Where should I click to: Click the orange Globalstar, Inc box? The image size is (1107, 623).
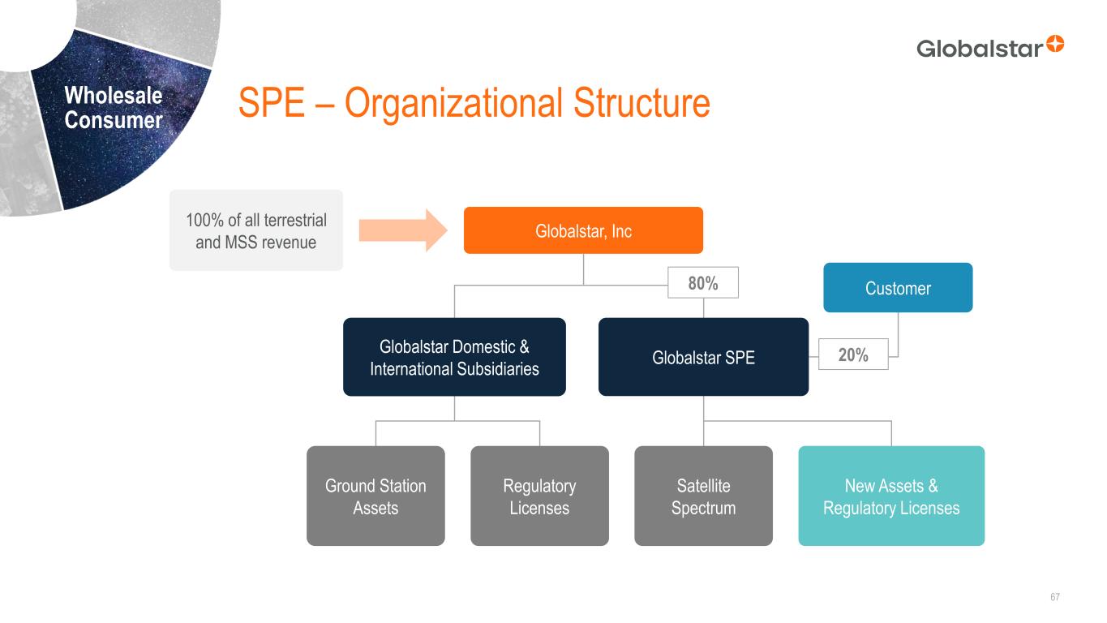pyautogui.click(x=583, y=230)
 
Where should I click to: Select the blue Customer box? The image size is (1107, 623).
pyautogui.click(x=898, y=288)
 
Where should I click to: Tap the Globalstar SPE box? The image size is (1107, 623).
pyautogui.click(x=703, y=357)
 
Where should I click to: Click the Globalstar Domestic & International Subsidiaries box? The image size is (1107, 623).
pyautogui.click(x=454, y=357)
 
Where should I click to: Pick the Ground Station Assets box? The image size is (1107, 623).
pyautogui.click(x=375, y=496)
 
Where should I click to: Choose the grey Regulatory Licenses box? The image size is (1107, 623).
pyautogui.click(x=539, y=496)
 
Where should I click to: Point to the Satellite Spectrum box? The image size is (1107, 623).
pyautogui.click(x=703, y=496)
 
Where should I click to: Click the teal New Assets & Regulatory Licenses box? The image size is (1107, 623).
pyautogui.click(x=891, y=496)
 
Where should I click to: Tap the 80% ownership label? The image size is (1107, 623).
pyautogui.click(x=703, y=282)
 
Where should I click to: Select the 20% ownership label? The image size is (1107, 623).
pyautogui.click(x=853, y=354)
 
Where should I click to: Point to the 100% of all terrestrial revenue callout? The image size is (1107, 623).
pyautogui.click(x=256, y=230)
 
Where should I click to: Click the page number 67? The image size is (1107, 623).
pyautogui.click(x=1055, y=597)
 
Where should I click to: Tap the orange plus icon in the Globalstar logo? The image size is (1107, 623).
pyautogui.click(x=1055, y=44)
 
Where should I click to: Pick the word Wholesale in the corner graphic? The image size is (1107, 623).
pyautogui.click(x=114, y=96)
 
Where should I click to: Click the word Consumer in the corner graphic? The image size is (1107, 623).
pyautogui.click(x=114, y=121)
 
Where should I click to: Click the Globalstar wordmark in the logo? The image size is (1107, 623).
pyautogui.click(x=980, y=49)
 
